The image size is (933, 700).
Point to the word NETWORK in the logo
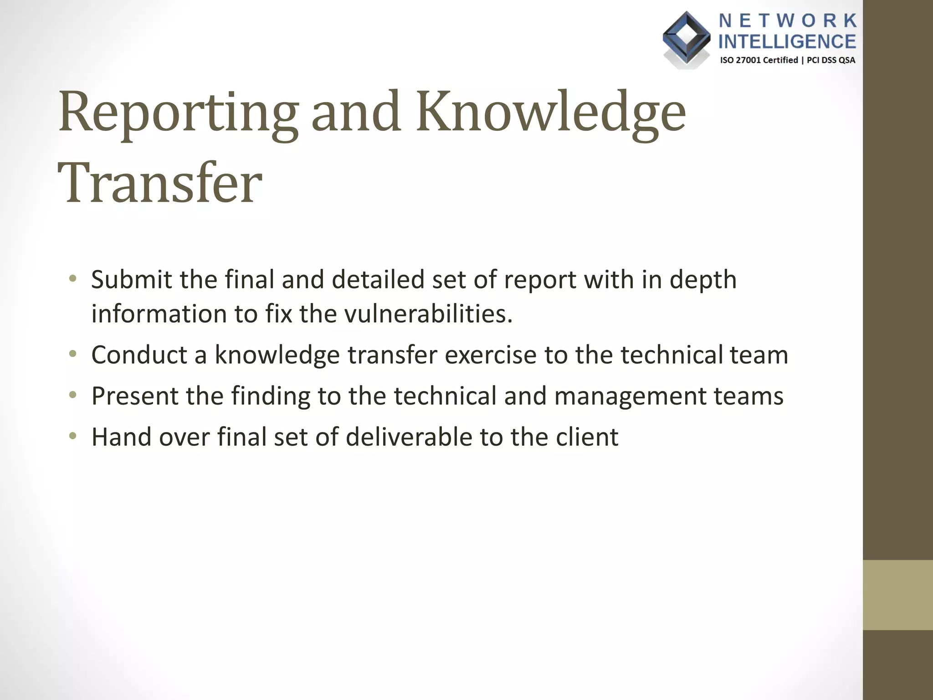click(788, 21)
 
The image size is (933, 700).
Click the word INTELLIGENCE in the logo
click(787, 42)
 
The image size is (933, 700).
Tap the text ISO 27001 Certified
click(759, 60)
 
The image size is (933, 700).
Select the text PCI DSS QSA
click(831, 60)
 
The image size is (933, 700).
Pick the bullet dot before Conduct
click(72, 354)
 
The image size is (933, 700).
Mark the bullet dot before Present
click(72, 395)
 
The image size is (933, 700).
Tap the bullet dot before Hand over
click(72, 436)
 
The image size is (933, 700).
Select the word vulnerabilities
click(428, 314)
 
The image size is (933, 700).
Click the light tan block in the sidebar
click(897, 595)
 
